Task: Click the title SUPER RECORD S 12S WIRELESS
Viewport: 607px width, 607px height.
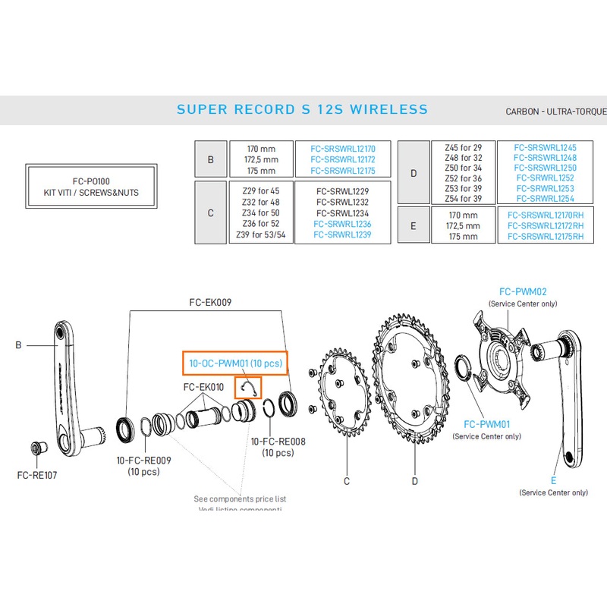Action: coord(302,109)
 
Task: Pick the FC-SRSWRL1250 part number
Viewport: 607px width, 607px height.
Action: coord(545,168)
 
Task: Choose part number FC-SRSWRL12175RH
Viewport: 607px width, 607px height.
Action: coord(545,237)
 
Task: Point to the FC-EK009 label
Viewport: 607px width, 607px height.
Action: coord(210,302)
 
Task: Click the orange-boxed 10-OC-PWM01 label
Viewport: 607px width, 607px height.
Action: coord(235,364)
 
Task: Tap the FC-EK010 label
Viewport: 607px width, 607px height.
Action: coord(204,387)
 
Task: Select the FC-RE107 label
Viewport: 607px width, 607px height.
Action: coord(36,476)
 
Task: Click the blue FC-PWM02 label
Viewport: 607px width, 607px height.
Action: coord(523,291)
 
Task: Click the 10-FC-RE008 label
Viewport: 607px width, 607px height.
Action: coord(277,442)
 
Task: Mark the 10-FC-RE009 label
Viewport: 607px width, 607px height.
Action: coord(144,460)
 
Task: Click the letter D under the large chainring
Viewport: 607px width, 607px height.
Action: coord(415,480)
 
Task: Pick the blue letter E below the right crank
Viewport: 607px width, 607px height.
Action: coord(553,480)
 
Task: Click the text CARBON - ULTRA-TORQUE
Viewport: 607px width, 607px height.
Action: coord(555,112)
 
